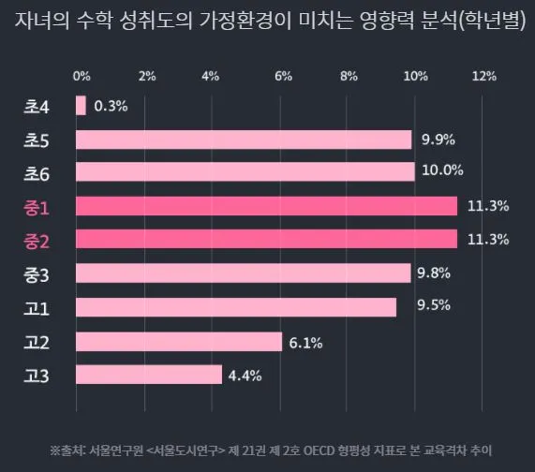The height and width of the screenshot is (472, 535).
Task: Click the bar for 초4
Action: [x=81, y=106]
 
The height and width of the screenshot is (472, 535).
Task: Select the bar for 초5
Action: [x=244, y=140]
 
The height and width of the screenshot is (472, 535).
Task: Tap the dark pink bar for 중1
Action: [x=266, y=206]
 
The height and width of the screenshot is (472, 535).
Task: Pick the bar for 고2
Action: [x=178, y=342]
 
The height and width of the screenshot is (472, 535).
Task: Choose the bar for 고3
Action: [x=148, y=375]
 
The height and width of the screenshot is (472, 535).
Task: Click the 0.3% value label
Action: [x=111, y=106]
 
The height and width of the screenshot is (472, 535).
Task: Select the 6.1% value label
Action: [x=305, y=343]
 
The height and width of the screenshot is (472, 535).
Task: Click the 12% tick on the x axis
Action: [x=483, y=74]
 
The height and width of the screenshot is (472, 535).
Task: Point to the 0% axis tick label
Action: [x=82, y=74]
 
